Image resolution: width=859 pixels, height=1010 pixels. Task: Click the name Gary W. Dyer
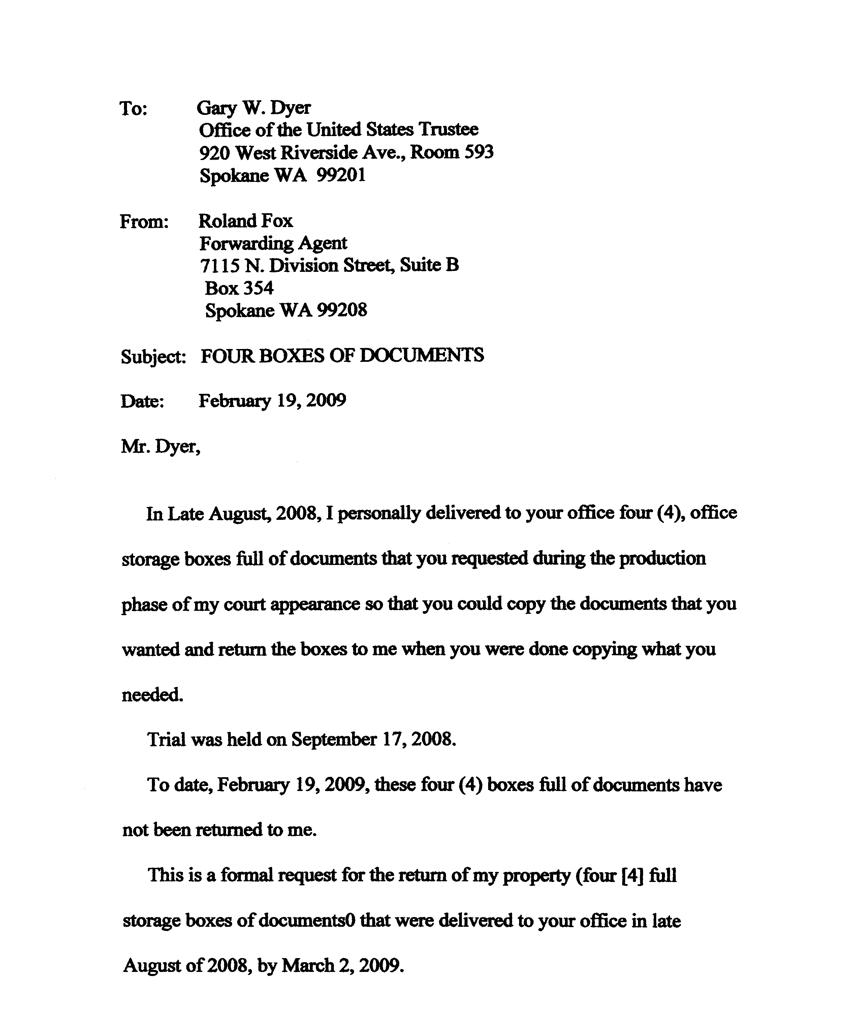coord(253,108)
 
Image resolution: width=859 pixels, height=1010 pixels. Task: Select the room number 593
coord(478,152)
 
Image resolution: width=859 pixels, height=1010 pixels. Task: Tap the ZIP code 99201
coord(341,175)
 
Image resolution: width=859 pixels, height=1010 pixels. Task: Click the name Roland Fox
coord(246,221)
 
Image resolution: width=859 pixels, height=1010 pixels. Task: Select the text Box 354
coord(239,288)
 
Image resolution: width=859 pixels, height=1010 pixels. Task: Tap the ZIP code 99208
coord(342,310)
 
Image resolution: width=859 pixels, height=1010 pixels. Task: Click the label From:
coord(144,222)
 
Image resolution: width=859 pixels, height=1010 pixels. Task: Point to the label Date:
coord(142,402)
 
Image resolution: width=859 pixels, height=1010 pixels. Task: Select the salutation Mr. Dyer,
coord(161,447)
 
